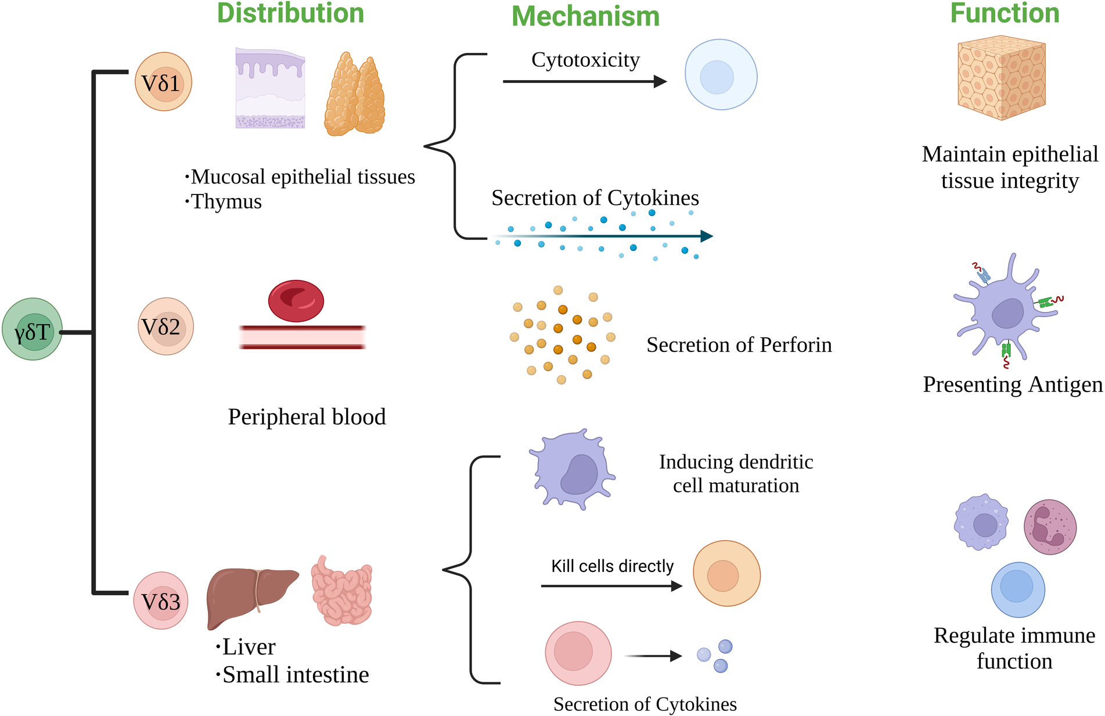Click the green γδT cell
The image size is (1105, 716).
(32, 329)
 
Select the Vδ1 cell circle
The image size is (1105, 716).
(163, 82)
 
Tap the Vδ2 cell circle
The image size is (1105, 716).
(165, 326)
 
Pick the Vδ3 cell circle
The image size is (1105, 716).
(161, 600)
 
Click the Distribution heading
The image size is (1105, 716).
(290, 13)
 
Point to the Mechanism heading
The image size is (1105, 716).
(585, 16)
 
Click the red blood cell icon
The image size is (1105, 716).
(296, 301)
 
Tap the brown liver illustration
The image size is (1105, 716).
(250, 595)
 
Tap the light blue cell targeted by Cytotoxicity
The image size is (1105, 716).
(721, 75)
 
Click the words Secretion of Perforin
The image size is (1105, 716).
(739, 345)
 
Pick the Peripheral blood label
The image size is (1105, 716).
(307, 417)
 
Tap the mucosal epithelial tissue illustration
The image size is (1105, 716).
(270, 88)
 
